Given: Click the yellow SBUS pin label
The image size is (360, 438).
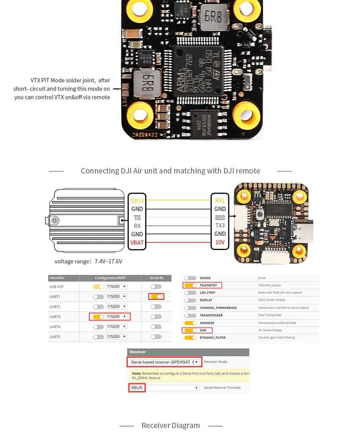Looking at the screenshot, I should click(137, 201).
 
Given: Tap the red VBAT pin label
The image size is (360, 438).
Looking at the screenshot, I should click(137, 242).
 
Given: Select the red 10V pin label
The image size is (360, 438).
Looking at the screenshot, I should click(220, 242).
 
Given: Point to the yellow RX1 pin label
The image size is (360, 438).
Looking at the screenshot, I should click(220, 201).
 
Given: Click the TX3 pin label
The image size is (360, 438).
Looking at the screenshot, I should click(220, 226).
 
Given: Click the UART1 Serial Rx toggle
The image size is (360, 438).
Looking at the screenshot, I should click(156, 296).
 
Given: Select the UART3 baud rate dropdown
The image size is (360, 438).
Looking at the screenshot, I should click(116, 317).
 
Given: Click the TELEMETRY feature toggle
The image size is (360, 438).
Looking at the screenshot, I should click(190, 285).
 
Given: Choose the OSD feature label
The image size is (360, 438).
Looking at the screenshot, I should click(203, 330).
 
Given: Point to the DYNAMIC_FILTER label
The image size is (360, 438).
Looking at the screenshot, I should click(212, 338).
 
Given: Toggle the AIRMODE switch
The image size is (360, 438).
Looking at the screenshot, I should click(190, 323).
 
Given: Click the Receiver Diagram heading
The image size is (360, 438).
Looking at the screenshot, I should click(170, 425).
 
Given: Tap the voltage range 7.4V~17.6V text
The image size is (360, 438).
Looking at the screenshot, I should click(88, 261).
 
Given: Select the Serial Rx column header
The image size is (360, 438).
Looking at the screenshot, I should click(156, 278).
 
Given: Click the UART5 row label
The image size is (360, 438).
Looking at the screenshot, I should click(55, 337).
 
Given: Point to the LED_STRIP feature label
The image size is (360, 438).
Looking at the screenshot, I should click(208, 293).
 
